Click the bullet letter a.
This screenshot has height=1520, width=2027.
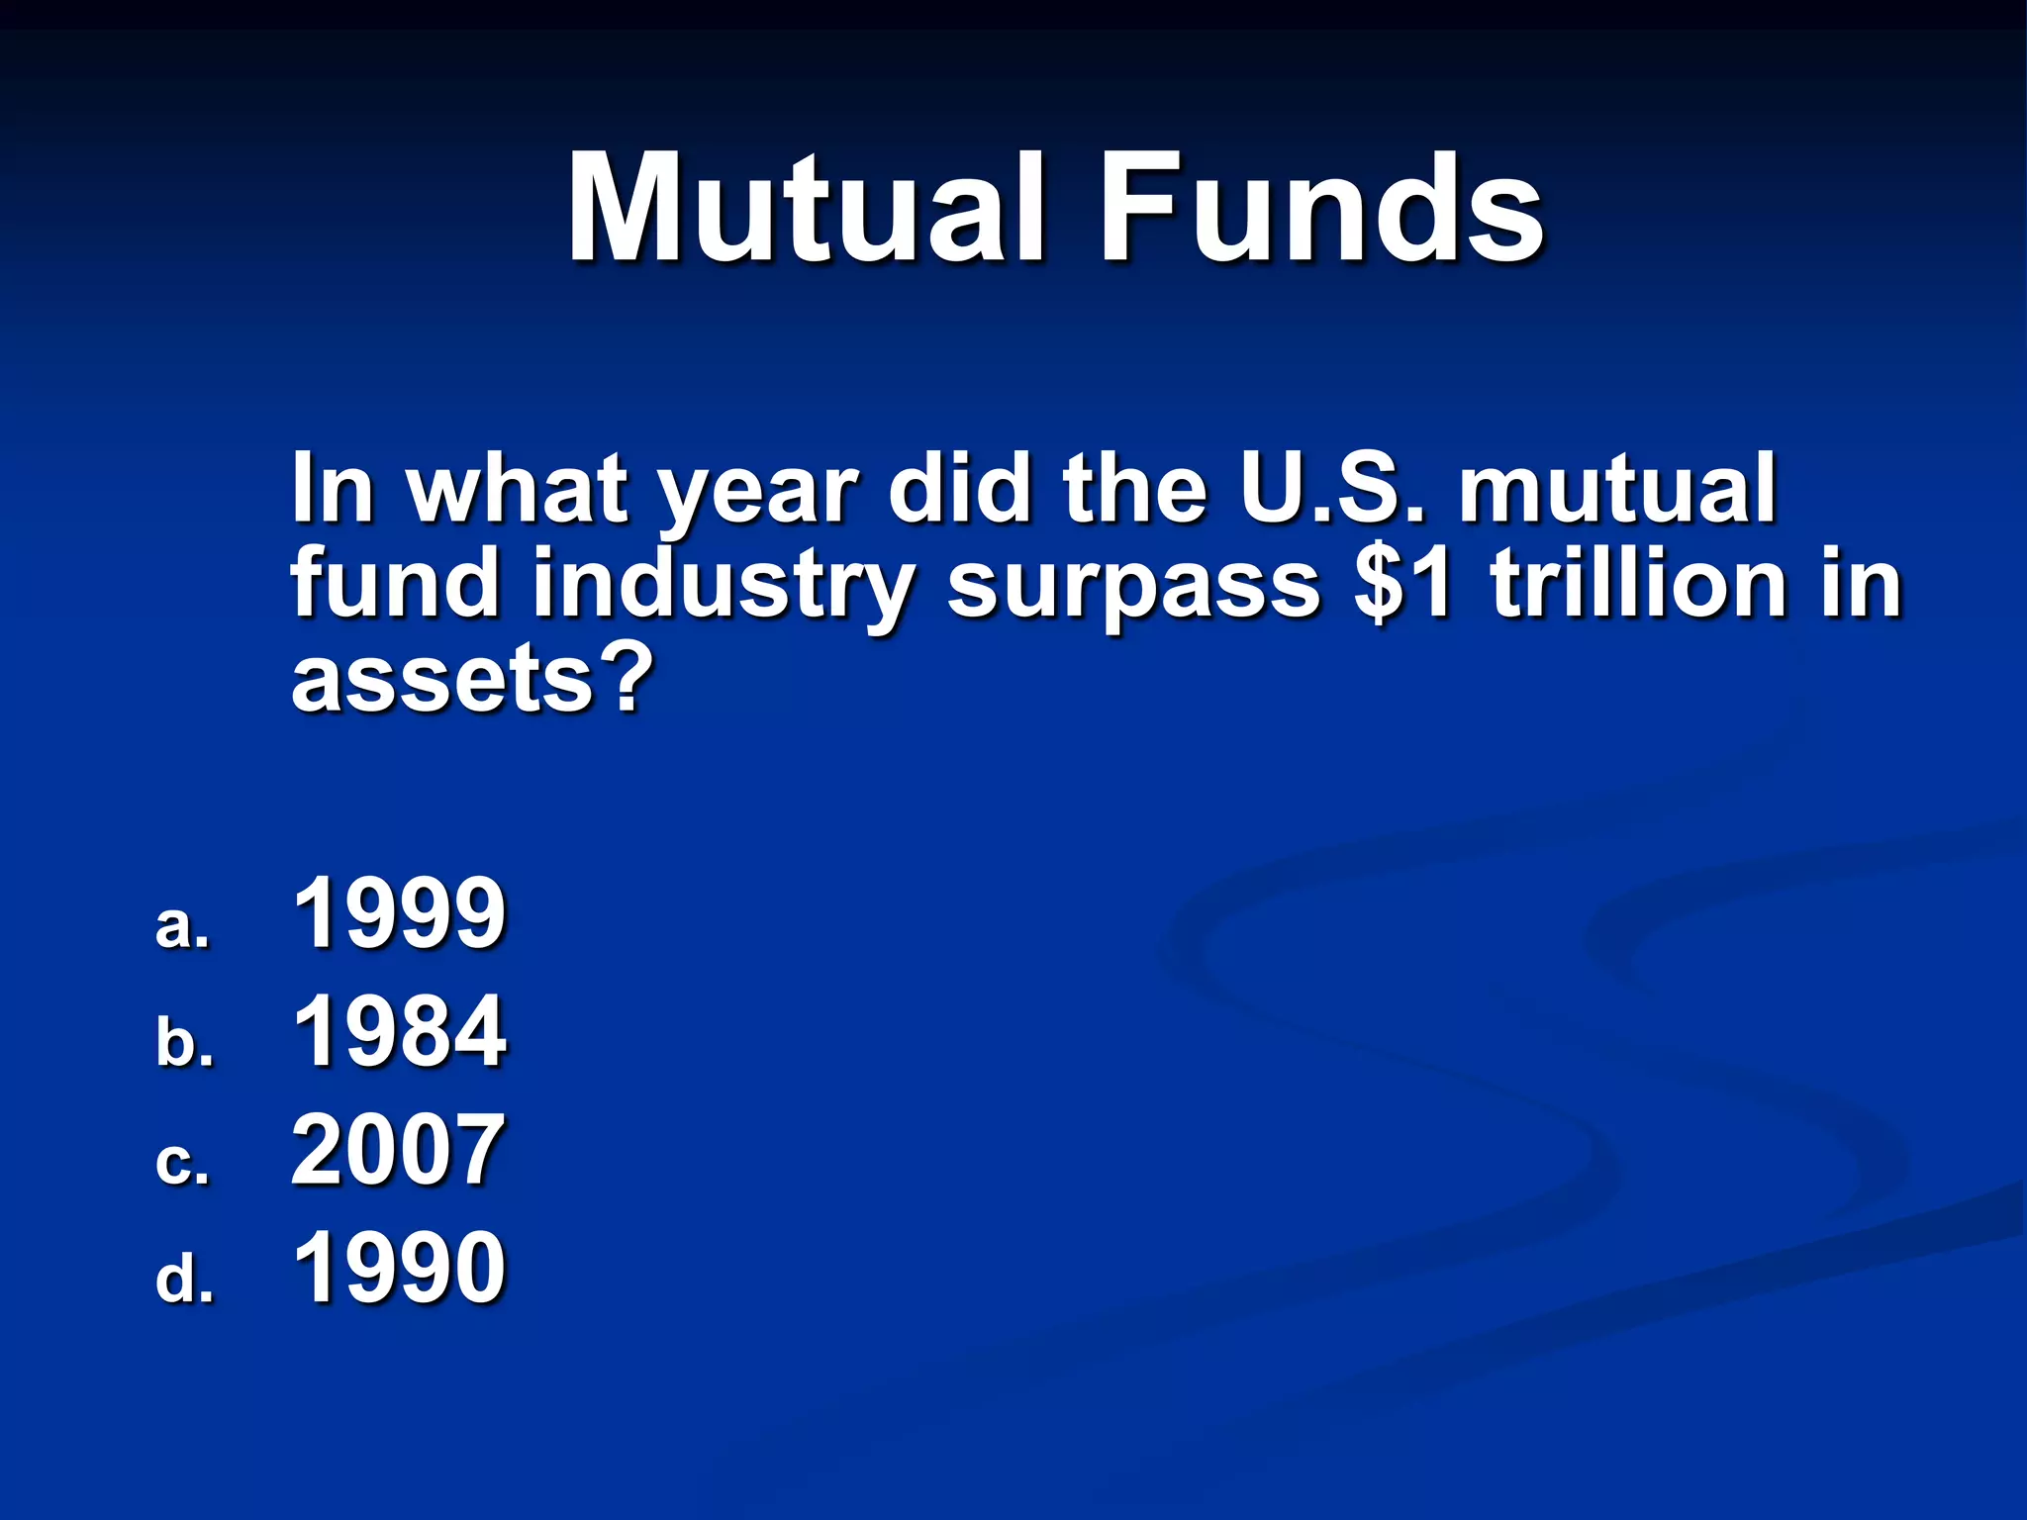click(x=182, y=926)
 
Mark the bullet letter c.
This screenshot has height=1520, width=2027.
click(x=182, y=1162)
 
